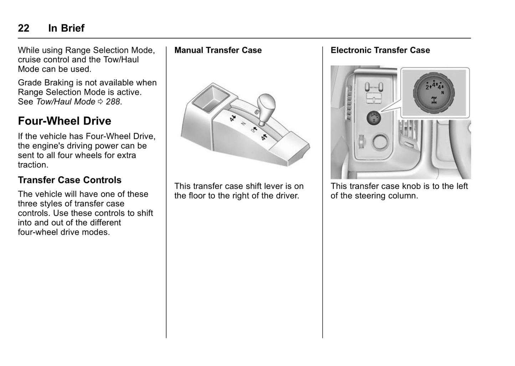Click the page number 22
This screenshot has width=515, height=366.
tap(24, 28)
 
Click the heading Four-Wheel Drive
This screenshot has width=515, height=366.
tap(65, 121)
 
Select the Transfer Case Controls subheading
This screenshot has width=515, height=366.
tap(69, 180)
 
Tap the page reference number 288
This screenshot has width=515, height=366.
tap(113, 102)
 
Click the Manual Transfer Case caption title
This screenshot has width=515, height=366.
tap(218, 50)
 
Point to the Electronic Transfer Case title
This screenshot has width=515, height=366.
tap(380, 50)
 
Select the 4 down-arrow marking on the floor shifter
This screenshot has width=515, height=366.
tap(233, 118)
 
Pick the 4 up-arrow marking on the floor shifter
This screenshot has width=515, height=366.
tap(264, 137)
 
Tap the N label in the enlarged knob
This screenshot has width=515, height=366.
tap(443, 92)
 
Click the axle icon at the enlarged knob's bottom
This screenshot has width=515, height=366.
tap(434, 100)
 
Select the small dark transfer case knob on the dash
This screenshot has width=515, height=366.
tap(374, 117)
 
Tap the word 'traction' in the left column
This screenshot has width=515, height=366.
tap(32, 165)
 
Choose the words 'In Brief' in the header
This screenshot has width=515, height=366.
tap(66, 28)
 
